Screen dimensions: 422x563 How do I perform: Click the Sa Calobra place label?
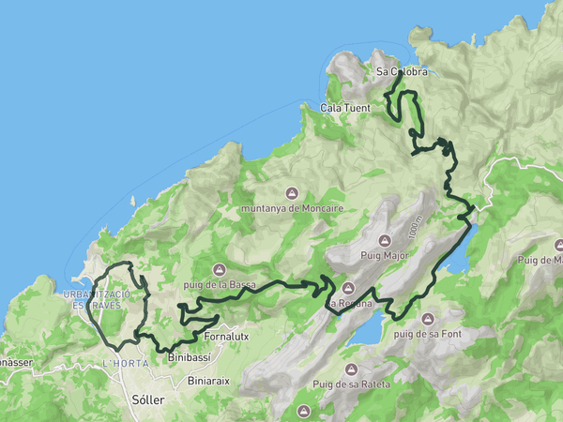tap(402, 71)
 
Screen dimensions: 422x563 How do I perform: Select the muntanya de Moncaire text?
tap(292, 207)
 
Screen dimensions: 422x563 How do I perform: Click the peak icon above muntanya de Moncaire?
tap(293, 193)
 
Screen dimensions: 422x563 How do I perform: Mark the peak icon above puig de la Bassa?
tap(219, 269)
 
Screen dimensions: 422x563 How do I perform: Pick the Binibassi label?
tap(188, 357)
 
